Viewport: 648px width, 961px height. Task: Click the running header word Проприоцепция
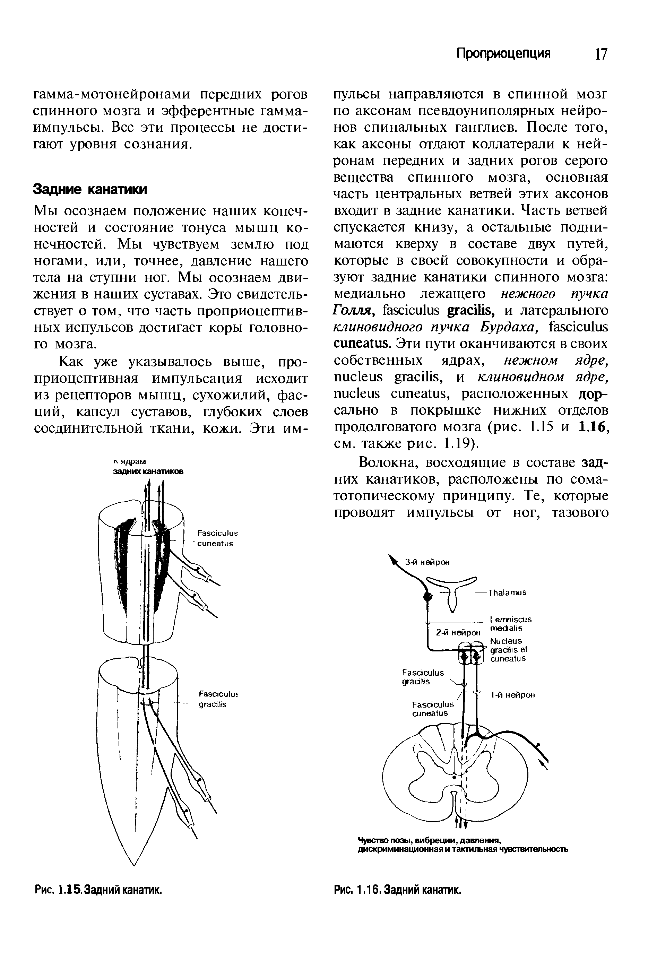click(x=503, y=54)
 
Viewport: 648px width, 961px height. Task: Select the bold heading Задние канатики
click(x=90, y=190)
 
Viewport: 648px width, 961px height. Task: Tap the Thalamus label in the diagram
click(x=508, y=592)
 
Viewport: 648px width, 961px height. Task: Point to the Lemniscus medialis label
click(x=510, y=624)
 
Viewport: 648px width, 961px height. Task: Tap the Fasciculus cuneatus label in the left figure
click(x=217, y=538)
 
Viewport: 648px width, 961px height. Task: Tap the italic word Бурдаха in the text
click(x=508, y=327)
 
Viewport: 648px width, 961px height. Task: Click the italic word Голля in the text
click(x=354, y=310)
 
